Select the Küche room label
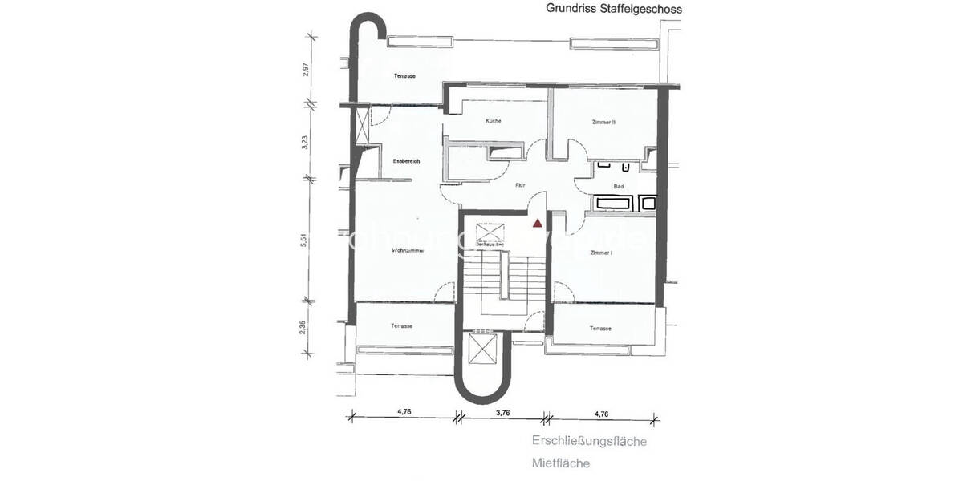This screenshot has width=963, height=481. click(493, 121)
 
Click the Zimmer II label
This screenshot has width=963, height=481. click(603, 122)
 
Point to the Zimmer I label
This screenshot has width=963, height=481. click(601, 253)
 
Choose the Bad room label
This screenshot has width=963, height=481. click(619, 187)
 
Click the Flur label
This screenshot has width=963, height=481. click(520, 185)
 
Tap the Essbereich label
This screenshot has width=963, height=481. click(407, 161)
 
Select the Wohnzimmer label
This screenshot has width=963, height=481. click(407, 251)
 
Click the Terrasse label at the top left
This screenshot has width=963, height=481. click(404, 76)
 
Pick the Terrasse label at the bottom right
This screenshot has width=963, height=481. click(600, 329)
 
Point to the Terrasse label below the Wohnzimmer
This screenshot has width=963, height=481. click(402, 326)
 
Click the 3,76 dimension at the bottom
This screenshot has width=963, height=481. click(502, 414)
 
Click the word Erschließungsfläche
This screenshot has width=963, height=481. click(589, 441)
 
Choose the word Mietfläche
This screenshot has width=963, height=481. click(561, 463)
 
